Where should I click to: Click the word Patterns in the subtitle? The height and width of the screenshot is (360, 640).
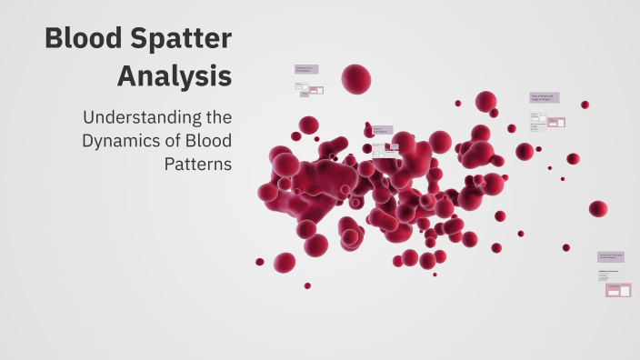click(x=198, y=165)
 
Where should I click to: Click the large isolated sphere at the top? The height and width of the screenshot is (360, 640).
click(x=356, y=78)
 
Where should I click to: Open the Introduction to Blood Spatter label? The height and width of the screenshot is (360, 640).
click(x=305, y=69)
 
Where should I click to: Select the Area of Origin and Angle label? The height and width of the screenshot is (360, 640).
click(x=544, y=97)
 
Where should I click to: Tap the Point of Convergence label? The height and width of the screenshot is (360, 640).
click(x=382, y=131)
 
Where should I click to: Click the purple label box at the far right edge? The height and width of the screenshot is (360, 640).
click(x=610, y=257)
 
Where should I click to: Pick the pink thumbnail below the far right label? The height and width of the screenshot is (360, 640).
click(x=618, y=290)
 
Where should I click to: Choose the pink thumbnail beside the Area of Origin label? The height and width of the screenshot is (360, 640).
click(x=555, y=122)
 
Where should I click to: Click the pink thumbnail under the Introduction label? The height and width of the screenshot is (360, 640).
click(x=315, y=90)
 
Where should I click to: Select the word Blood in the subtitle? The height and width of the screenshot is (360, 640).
click(x=210, y=141)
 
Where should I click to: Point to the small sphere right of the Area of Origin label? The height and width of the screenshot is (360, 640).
click(x=585, y=105)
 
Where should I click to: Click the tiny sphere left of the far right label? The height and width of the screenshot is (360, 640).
click(x=565, y=247)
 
